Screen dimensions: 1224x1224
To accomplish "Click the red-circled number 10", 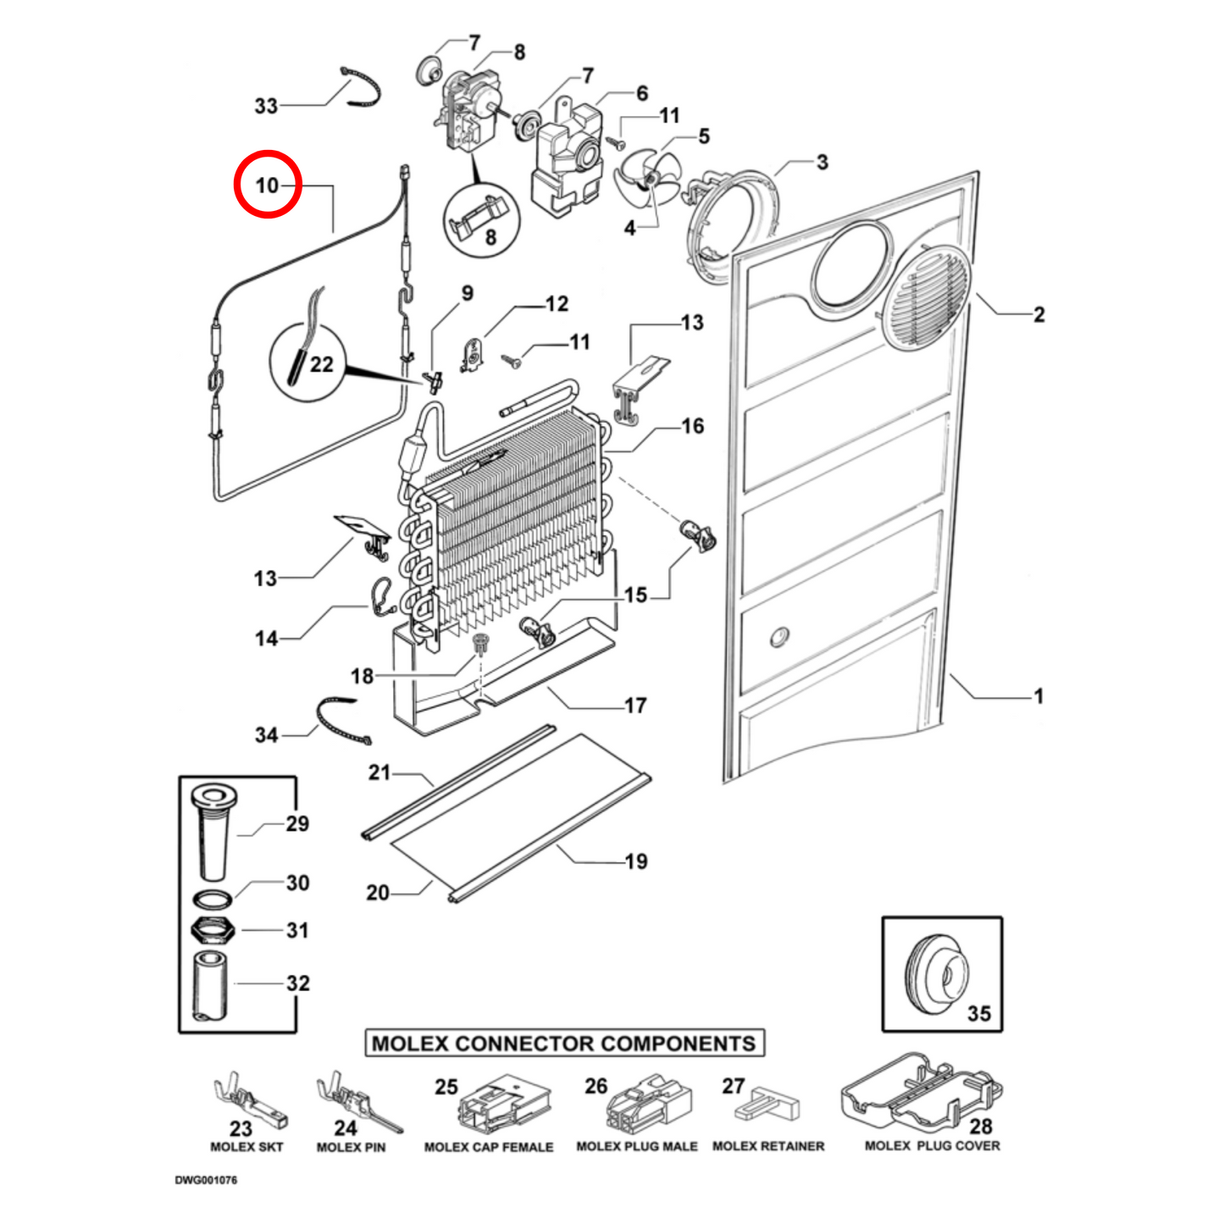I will coord(268,184).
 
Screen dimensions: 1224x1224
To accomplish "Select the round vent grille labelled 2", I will coord(925,298).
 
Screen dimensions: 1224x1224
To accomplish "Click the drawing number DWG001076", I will coord(206,1180).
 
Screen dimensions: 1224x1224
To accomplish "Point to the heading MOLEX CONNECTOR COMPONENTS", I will coord(564,1043).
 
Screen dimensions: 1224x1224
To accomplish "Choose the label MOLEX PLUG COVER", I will coord(932,1146).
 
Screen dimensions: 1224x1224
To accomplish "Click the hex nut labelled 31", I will coord(212,931).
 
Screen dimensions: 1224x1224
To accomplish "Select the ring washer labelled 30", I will coord(212,898).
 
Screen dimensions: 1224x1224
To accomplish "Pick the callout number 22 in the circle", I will coord(321,364).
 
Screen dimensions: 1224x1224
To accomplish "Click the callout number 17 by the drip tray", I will coord(635,705).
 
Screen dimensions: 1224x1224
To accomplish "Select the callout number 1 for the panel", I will coord(1038,696).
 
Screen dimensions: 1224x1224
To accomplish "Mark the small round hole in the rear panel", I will coord(780,637).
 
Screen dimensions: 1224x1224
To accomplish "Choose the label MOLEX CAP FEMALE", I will coord(489,1147).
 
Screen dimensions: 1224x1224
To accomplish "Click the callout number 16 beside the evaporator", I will coord(692,426).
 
